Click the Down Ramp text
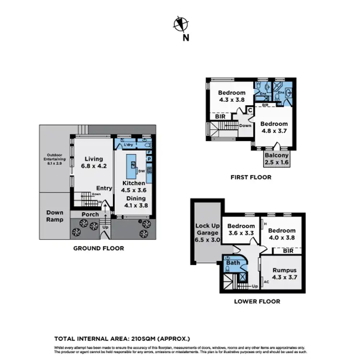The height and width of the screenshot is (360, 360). (x=55, y=216)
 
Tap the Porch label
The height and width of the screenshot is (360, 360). (x=90, y=214)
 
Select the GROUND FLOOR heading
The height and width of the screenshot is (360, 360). (x=98, y=249)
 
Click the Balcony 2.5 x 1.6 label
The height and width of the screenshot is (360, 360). (x=276, y=159)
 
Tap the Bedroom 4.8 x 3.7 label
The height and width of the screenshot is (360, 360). (x=274, y=127)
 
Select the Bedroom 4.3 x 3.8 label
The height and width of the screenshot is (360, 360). (x=232, y=96)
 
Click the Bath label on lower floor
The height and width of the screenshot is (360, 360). (x=233, y=263)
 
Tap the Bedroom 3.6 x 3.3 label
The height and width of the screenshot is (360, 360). (x=241, y=230)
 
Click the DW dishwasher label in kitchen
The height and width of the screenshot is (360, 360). (x=141, y=170)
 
